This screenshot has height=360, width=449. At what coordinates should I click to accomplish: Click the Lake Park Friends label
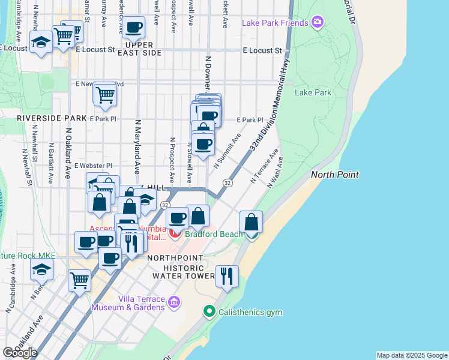point(275,23)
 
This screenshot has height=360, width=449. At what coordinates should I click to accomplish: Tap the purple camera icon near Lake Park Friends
point(318,23)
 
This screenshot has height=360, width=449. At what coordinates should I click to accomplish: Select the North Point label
point(334,175)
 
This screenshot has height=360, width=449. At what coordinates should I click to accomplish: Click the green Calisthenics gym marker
point(209,312)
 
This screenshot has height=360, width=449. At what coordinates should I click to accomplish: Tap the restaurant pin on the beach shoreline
point(226,277)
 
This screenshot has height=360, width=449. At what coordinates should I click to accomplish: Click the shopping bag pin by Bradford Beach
point(252,222)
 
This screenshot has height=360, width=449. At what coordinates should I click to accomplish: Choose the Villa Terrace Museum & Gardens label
point(128,303)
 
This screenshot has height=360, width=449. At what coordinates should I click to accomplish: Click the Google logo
point(19,352)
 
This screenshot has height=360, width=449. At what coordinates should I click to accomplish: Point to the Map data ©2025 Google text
point(411,355)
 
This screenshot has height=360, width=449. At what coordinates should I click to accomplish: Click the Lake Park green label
point(313,93)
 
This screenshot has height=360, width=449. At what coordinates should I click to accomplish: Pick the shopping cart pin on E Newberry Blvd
point(105,94)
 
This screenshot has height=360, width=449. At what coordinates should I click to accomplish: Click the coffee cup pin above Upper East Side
point(134,27)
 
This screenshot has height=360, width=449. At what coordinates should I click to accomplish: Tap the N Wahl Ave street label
point(276,172)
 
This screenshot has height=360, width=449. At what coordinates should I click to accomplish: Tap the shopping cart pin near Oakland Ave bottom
point(79,280)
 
